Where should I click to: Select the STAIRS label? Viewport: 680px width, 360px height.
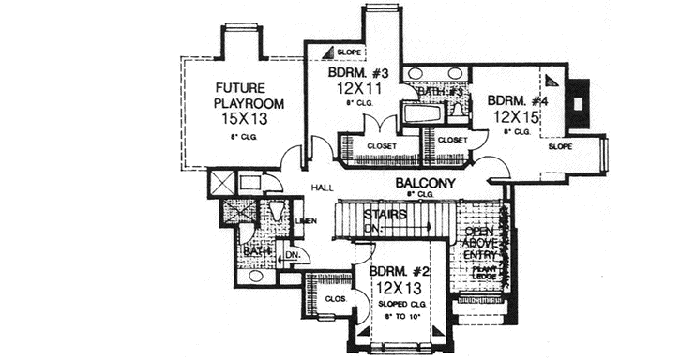point(386,215)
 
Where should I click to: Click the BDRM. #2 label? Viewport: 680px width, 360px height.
point(399,273)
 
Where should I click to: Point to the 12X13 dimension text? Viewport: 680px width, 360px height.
point(399,290)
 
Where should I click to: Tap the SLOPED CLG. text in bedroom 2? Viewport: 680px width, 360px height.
point(399,306)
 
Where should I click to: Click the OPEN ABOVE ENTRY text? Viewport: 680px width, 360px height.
point(480,245)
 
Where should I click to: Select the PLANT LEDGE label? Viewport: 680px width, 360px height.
point(484,273)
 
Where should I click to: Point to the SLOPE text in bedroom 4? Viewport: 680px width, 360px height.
point(560,147)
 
